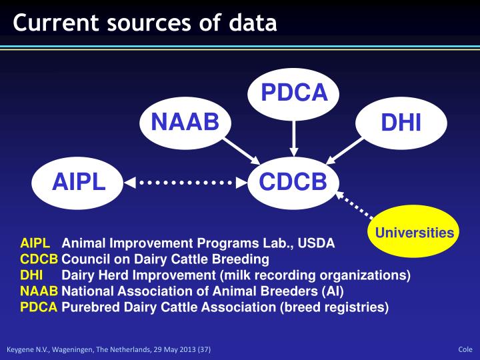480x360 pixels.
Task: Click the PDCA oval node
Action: click(293, 93)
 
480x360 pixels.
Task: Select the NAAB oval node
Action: click(185, 123)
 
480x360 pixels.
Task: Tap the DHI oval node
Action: click(400, 123)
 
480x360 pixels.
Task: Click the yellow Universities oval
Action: click(414, 233)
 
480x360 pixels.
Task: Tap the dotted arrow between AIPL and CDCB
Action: click(185, 181)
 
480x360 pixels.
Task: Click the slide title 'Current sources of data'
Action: click(145, 23)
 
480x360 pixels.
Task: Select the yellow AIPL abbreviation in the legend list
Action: click(35, 243)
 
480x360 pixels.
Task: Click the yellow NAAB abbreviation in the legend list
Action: click(39, 291)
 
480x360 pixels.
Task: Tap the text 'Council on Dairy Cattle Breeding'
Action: click(165, 259)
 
